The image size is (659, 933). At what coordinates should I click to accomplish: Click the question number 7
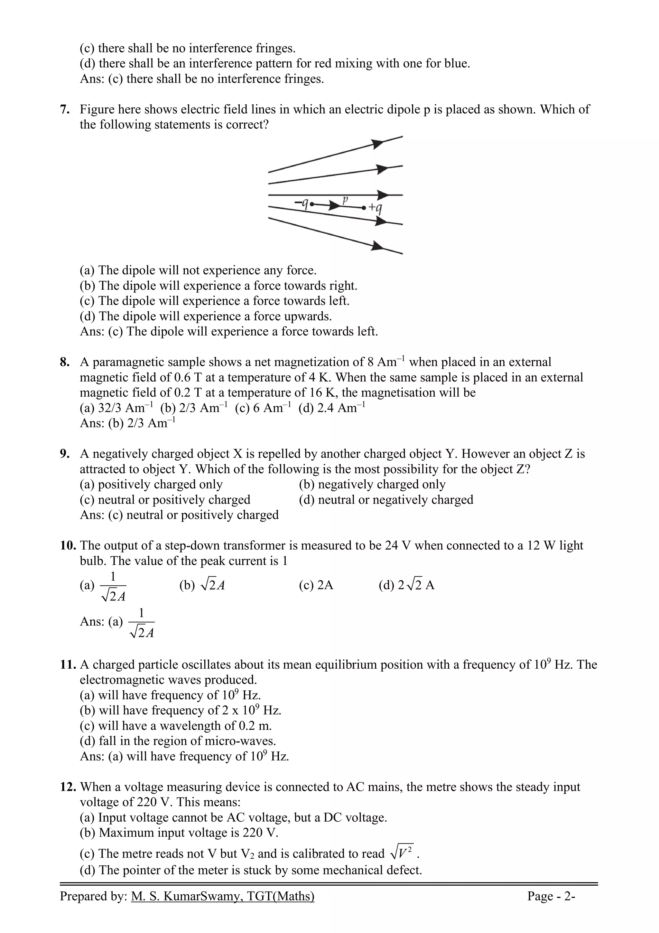click(x=65, y=110)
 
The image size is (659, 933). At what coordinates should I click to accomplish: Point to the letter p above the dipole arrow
click(x=346, y=199)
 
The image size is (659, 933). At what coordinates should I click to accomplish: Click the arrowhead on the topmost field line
click(x=378, y=144)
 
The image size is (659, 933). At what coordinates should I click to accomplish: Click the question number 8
click(x=65, y=363)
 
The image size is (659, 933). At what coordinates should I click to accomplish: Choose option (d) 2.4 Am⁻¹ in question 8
click(x=332, y=408)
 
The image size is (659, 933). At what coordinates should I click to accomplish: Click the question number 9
click(x=65, y=454)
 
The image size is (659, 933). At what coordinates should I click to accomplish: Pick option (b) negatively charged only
click(x=372, y=485)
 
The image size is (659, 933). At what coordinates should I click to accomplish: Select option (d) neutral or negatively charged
click(x=386, y=500)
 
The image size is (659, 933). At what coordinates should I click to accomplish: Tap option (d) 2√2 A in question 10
click(x=406, y=586)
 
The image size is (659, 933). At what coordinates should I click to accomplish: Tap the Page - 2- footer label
click(x=551, y=907)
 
